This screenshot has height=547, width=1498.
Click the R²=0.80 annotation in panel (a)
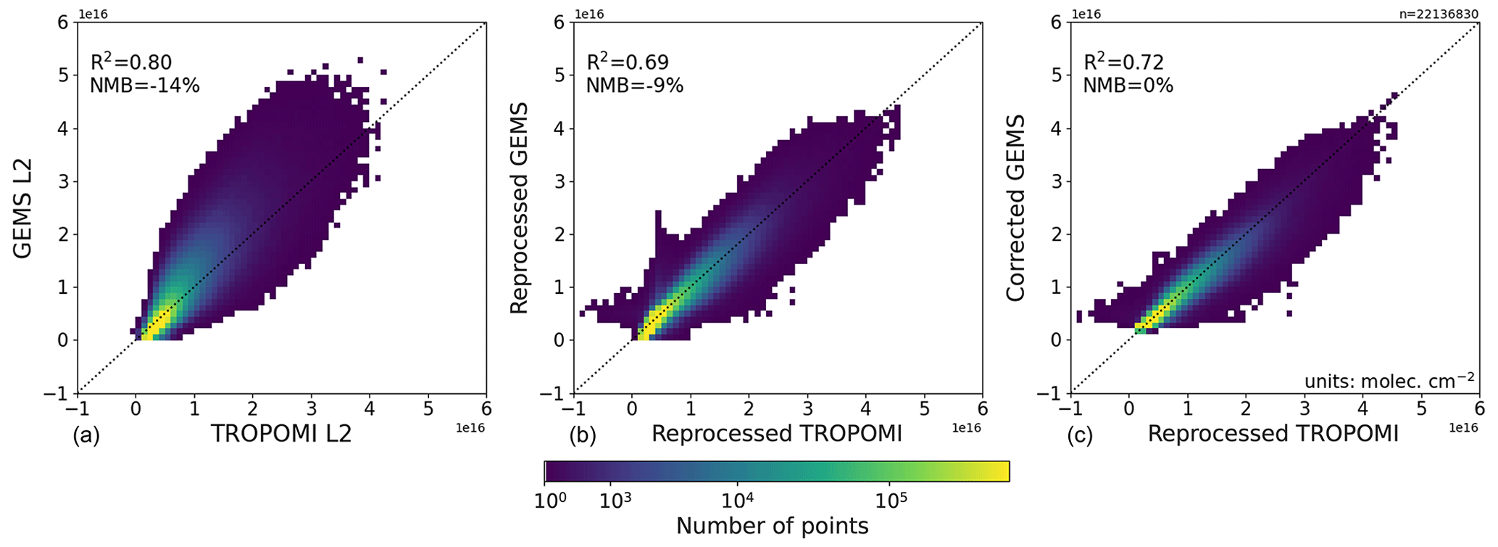130,62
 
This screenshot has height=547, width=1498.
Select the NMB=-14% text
144,86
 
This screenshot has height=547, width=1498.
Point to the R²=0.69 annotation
628,62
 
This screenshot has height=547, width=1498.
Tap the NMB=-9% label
635,86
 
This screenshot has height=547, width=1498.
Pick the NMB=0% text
1128,86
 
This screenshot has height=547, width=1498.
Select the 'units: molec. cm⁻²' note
1389,380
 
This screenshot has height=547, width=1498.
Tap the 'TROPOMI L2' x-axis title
281,433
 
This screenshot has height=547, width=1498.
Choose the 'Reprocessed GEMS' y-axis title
519,207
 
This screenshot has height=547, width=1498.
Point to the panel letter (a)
86,435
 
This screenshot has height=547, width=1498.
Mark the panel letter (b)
583,435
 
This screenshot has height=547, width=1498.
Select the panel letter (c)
1080,435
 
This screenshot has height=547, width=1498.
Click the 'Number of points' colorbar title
772,526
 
